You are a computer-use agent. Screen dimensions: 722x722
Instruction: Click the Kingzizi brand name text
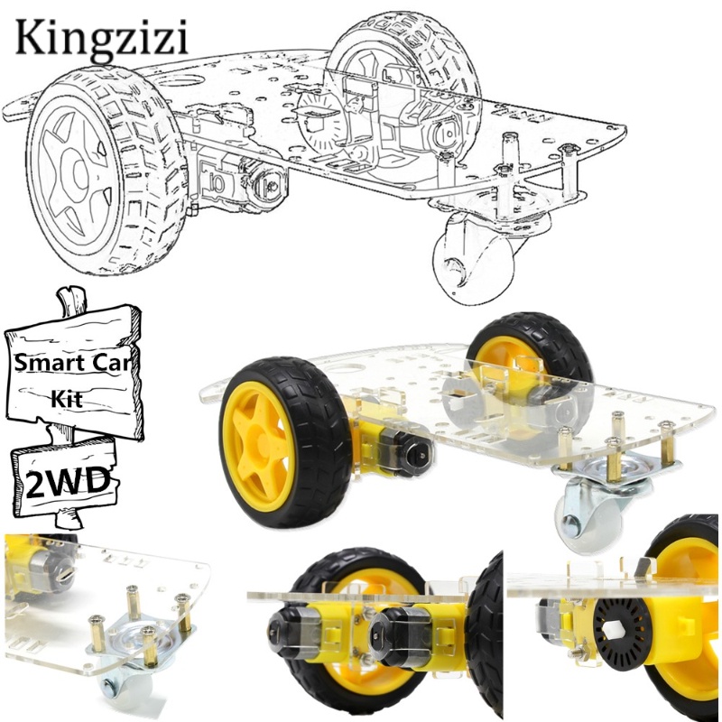point(102,40)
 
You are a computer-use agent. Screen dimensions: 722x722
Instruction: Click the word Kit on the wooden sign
point(67,398)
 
